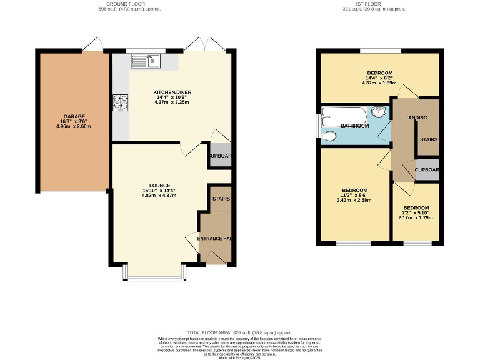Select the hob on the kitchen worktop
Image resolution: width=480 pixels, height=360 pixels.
click(x=120, y=101)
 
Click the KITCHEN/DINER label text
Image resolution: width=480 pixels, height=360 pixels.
click(x=172, y=92)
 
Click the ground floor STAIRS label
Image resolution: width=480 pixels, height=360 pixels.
click(x=221, y=199)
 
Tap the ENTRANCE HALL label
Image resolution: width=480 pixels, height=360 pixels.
click(x=215, y=239)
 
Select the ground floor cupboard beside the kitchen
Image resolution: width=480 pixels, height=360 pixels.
click(x=220, y=156)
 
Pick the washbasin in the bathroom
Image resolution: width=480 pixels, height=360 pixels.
click(x=379, y=112)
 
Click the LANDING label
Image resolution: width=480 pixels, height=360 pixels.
click(x=416, y=117)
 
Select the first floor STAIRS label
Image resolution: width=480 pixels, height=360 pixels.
click(x=428, y=139)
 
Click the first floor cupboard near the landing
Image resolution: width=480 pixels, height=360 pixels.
click(x=427, y=170)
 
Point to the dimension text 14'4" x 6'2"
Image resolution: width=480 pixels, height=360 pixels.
click(x=379, y=77)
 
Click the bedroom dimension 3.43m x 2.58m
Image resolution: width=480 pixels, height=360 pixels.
click(x=354, y=200)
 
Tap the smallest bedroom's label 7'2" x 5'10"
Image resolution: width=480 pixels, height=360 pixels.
click(x=416, y=213)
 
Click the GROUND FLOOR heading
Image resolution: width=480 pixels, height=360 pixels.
click(x=122, y=4)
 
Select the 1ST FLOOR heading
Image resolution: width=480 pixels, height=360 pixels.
click(x=374, y=4)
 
